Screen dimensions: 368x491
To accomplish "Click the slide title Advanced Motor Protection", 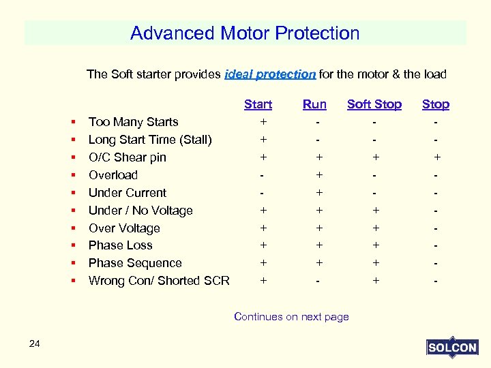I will tap(245, 33).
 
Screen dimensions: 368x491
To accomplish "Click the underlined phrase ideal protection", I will tap(270, 74).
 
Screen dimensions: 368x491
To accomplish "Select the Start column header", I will tap(258, 104).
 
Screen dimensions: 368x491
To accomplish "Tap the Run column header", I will tap(314, 104).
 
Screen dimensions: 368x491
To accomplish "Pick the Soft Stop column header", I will tap(374, 104).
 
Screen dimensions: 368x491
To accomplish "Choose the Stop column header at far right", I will tap(435, 104).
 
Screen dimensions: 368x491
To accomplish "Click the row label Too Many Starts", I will tap(134, 122).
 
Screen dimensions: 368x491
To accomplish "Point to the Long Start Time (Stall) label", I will tap(150, 140).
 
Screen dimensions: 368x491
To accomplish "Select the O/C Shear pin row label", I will tap(128, 157).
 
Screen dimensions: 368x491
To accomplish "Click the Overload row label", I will tap(113, 175).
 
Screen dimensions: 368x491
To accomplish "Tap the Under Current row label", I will tap(128, 193).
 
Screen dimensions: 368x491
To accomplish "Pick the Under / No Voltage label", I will tap(140, 211).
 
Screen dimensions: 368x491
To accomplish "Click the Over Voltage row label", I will tap(124, 228).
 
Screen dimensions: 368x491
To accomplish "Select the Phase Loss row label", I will tap(121, 245).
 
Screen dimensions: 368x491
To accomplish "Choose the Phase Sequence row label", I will tap(135, 263).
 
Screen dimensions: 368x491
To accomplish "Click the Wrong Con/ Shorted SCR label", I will tap(159, 281).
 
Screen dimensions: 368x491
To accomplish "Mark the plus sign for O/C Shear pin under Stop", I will tap(436, 157).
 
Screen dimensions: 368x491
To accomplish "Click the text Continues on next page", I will tap(291, 316).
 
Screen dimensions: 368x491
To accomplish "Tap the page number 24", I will tap(35, 343).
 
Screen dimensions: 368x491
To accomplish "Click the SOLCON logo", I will tap(451, 348).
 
